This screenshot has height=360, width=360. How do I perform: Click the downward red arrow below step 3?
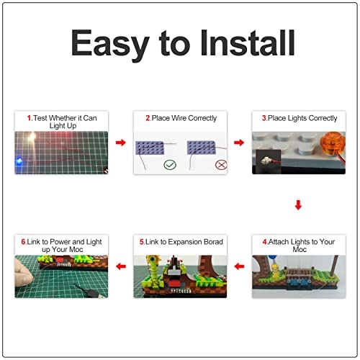pos(298,205)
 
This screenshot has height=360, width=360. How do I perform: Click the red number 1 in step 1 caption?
pos(28,117)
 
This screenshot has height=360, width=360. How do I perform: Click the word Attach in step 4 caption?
pos(277,242)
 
